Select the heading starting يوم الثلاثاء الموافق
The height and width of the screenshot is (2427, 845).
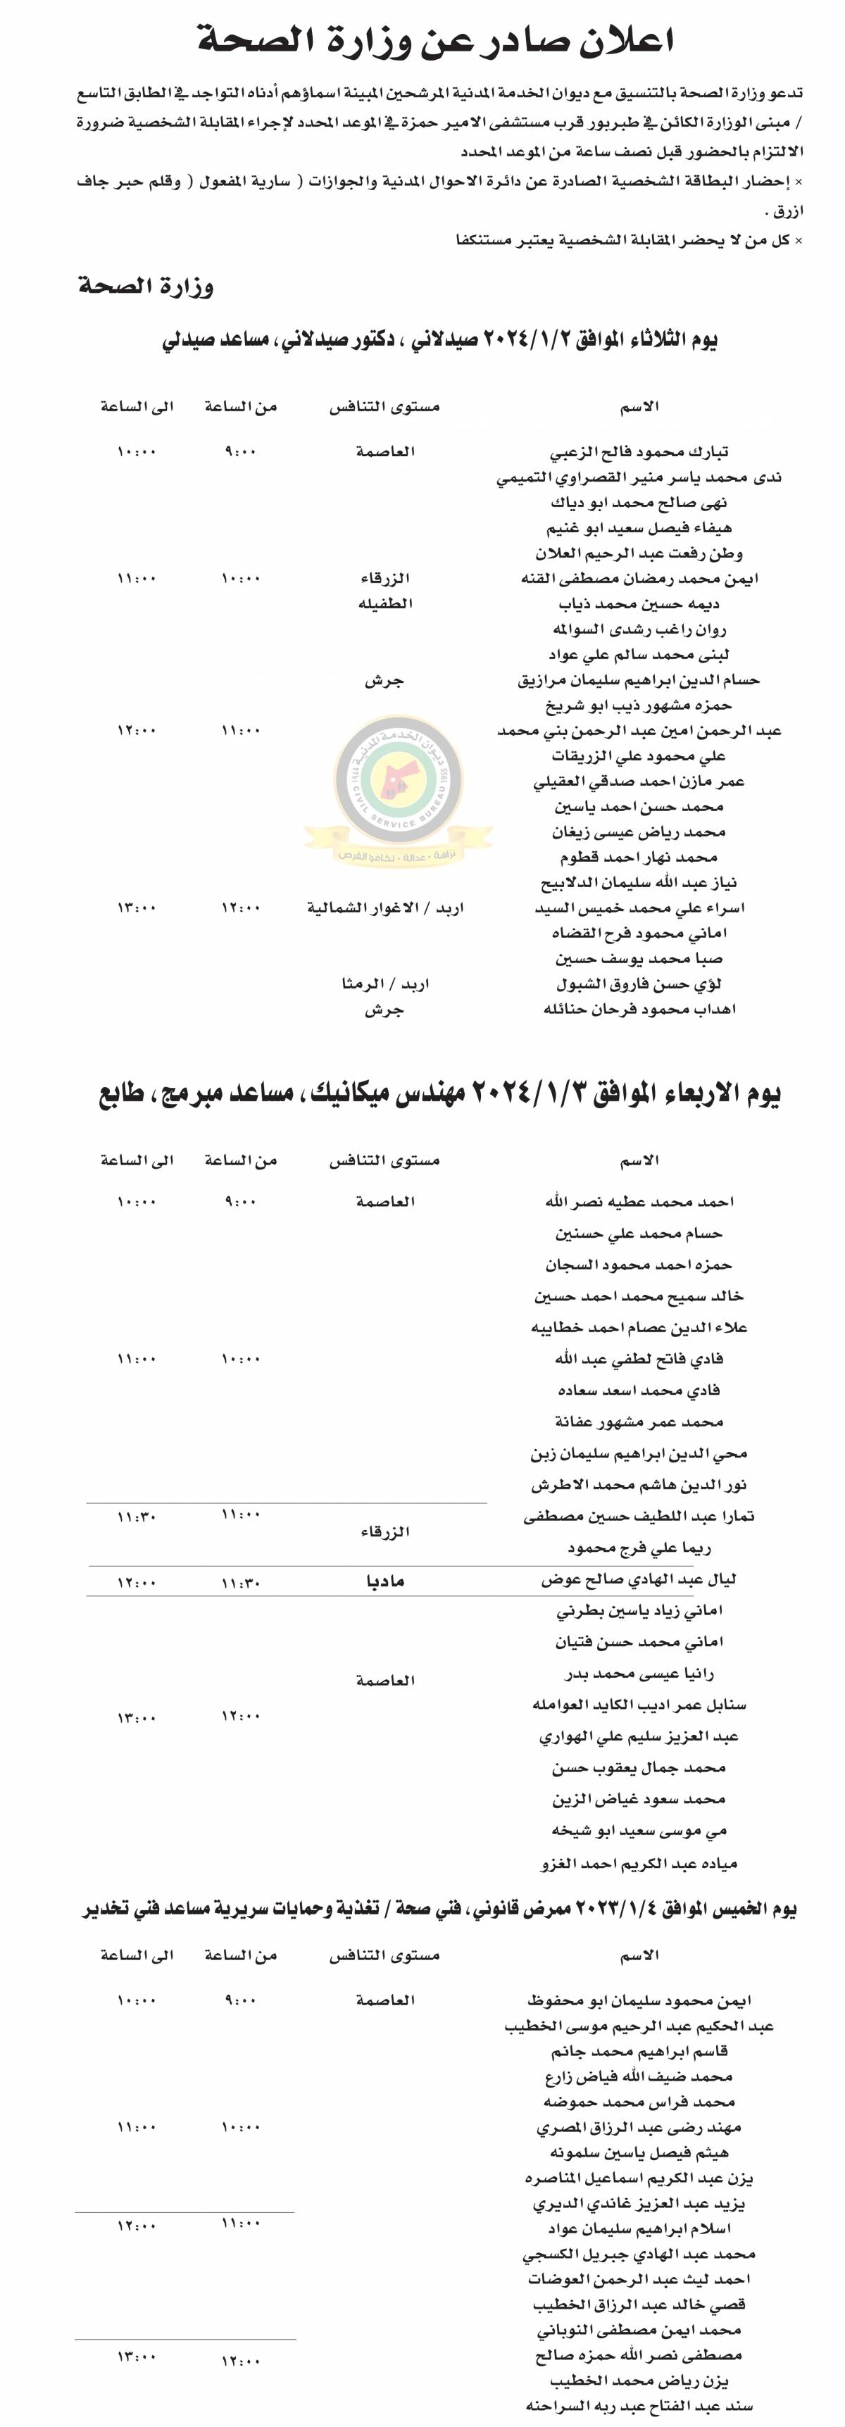[439, 339]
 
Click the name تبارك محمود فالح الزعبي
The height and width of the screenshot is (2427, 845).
[639, 452]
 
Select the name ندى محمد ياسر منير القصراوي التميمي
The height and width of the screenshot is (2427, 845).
[639, 477]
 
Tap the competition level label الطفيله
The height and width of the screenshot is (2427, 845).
[384, 604]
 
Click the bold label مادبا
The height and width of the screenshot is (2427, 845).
[384, 1581]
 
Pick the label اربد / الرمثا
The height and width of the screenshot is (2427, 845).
[384, 984]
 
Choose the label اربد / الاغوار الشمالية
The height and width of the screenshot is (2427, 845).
[384, 908]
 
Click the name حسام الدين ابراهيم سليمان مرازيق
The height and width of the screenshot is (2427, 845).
[639, 680]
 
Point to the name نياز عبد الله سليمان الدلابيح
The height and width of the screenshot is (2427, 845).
[639, 884]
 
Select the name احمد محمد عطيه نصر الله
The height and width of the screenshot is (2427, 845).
[639, 1202]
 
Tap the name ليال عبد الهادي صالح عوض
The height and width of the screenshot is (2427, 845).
[639, 1580]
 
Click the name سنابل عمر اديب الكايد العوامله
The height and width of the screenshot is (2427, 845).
[639, 1705]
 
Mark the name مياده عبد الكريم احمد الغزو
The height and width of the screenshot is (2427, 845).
[639, 1862]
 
